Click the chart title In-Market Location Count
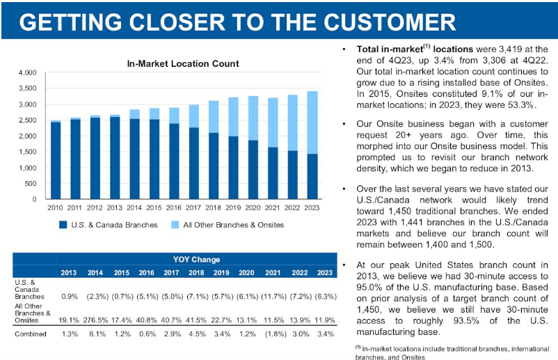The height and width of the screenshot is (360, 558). coord(183,63)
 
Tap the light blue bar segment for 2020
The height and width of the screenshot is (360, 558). coord(254,118)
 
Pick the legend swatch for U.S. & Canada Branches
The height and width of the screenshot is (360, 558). coord(63,225)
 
